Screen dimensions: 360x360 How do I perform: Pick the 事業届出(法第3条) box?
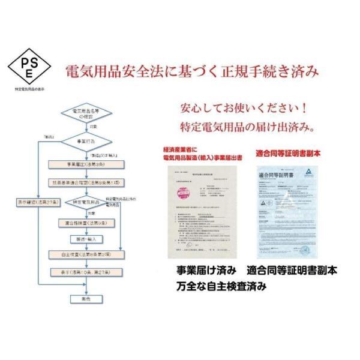pyautogui.click(x=84, y=163)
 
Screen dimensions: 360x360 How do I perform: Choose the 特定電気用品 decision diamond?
pyautogui.click(x=84, y=203)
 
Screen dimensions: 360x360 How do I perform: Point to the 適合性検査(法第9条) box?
pyautogui.click(x=84, y=223)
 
